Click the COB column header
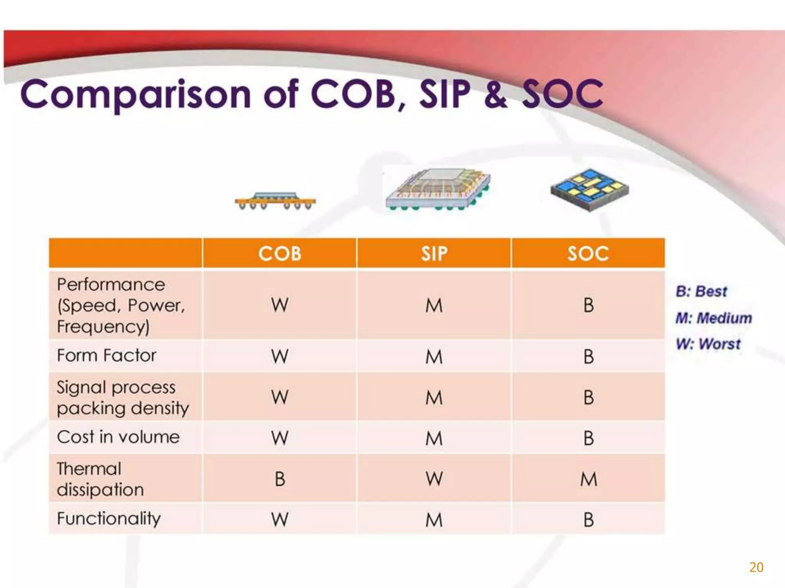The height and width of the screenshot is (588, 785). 280,253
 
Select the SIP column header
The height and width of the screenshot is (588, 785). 434,253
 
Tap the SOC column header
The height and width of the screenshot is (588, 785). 588,253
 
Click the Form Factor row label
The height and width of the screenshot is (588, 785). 107,356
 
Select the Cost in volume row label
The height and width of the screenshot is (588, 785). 118,437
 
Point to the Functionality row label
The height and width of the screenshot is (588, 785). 109,519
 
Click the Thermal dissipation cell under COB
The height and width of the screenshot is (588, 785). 280,479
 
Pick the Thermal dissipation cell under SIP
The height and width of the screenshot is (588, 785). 434,479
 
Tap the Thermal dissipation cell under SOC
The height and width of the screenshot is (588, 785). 588,479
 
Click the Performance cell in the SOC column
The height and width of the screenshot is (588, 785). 588,305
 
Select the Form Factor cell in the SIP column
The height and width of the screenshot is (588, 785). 434,356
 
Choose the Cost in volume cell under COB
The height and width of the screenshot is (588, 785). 280,438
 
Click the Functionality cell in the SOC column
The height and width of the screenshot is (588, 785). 588,519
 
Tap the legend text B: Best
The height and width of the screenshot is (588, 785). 701,292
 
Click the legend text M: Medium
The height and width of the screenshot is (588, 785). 713,318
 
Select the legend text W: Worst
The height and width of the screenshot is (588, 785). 708,344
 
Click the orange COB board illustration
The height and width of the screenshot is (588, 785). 275,201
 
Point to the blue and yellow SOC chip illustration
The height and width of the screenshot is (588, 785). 590,189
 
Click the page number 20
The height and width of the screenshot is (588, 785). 756,567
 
